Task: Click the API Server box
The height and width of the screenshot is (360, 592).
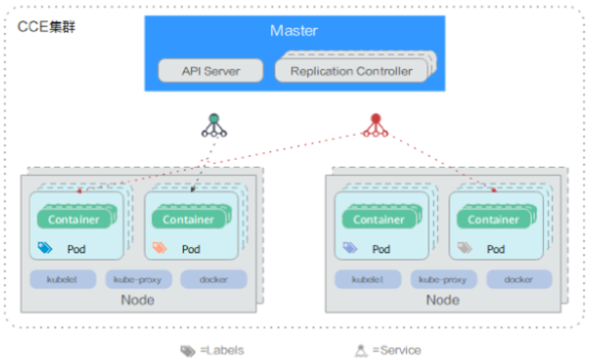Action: [x=211, y=71]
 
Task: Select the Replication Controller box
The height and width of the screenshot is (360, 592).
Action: [x=351, y=71]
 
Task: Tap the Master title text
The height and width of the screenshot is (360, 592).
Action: [x=294, y=31]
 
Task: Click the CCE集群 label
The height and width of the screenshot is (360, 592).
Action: [x=47, y=27]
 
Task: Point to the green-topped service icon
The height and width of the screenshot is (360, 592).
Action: [x=214, y=125]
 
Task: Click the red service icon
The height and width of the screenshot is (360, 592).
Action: [x=375, y=125]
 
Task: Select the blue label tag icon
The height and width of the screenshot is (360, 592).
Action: [x=45, y=248]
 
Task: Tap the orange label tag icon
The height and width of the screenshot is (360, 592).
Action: [x=160, y=248]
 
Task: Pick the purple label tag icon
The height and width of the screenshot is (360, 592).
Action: [x=350, y=248]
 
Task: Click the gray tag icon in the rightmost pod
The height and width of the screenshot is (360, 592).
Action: [x=465, y=248]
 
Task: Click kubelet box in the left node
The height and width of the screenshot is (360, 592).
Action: [x=62, y=279]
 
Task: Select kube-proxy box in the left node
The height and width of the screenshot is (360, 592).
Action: [x=139, y=279]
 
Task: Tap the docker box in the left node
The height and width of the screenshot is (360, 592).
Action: [x=214, y=279]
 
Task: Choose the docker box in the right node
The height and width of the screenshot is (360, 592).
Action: [x=519, y=279]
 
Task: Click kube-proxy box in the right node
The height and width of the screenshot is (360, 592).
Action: [x=443, y=279]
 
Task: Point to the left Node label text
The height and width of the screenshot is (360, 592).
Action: [x=137, y=300]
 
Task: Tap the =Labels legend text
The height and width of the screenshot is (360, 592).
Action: [x=222, y=350]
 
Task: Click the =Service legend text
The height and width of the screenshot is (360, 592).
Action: [x=396, y=350]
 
